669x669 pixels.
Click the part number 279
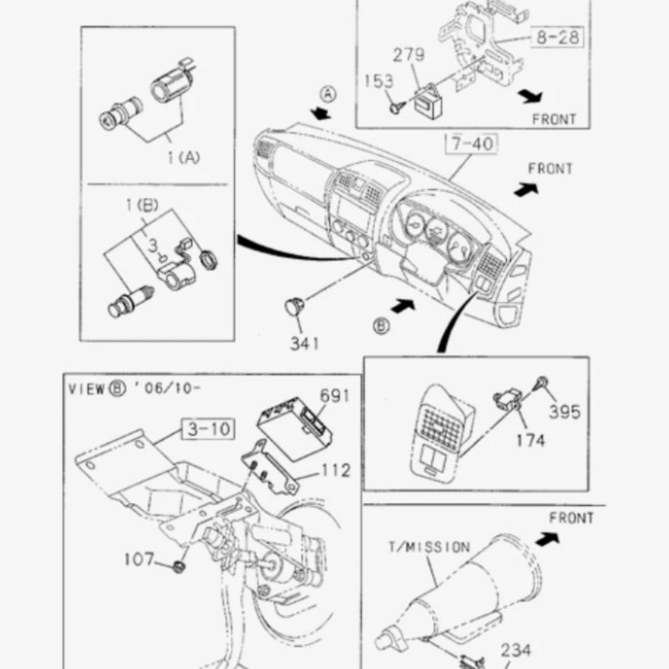(x=409, y=55)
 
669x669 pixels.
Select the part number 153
(x=380, y=81)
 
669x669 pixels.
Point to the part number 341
(x=304, y=341)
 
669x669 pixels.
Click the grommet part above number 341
(x=295, y=307)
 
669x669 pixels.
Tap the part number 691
(x=334, y=395)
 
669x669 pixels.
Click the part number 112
(x=334, y=471)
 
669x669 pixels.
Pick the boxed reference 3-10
(x=207, y=428)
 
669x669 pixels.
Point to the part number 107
(x=138, y=559)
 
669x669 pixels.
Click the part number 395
(x=565, y=412)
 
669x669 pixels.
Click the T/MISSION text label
(x=428, y=547)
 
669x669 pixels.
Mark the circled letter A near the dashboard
(x=328, y=94)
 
